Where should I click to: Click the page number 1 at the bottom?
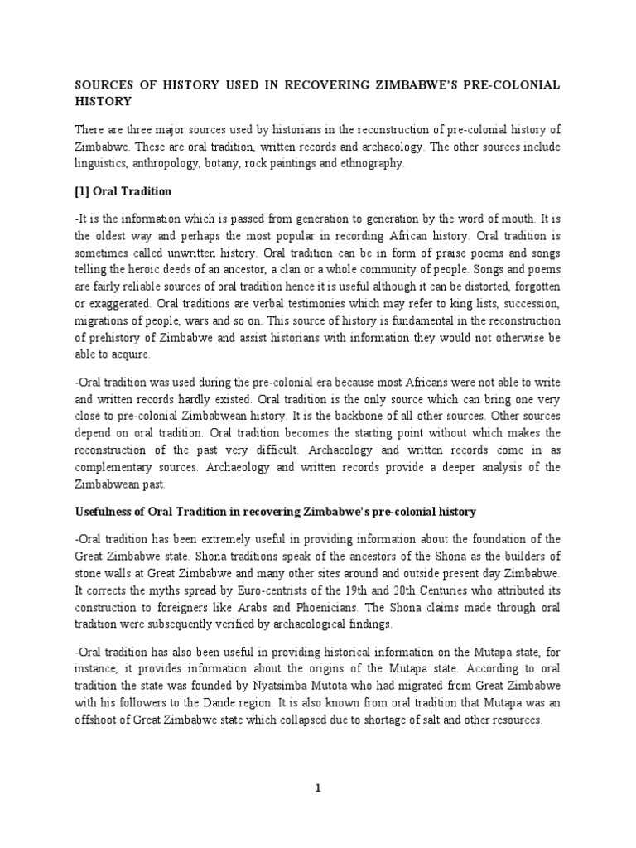coord(318,788)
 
